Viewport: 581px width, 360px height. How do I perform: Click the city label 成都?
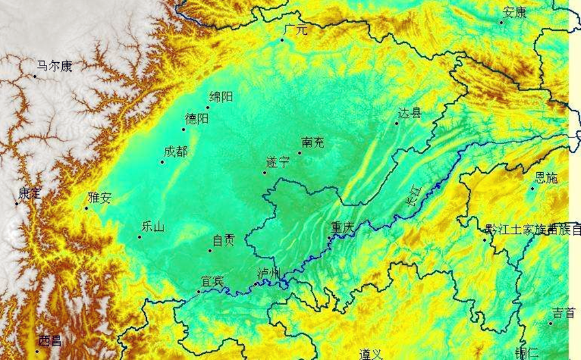[x=176, y=152]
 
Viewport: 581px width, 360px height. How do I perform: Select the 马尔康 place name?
[x=55, y=66]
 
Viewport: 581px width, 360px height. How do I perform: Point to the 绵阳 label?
[x=221, y=97]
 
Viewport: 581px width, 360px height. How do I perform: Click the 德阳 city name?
[x=197, y=119]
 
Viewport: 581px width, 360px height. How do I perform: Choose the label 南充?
[x=312, y=143]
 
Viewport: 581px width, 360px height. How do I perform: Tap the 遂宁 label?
[x=278, y=163]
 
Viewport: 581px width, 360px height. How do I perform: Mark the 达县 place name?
[x=410, y=113]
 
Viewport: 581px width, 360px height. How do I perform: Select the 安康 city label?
[x=514, y=12]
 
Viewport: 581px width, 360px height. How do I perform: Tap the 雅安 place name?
[x=100, y=198]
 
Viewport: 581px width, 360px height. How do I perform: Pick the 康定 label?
[x=30, y=193]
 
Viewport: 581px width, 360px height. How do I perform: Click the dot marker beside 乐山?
[x=139, y=237]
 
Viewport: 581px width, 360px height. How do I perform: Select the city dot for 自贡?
[x=210, y=250]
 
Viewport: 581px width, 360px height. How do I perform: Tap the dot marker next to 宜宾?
[x=199, y=292]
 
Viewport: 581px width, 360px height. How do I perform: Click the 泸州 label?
[x=269, y=274]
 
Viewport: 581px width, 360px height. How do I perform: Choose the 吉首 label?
[x=564, y=313]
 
